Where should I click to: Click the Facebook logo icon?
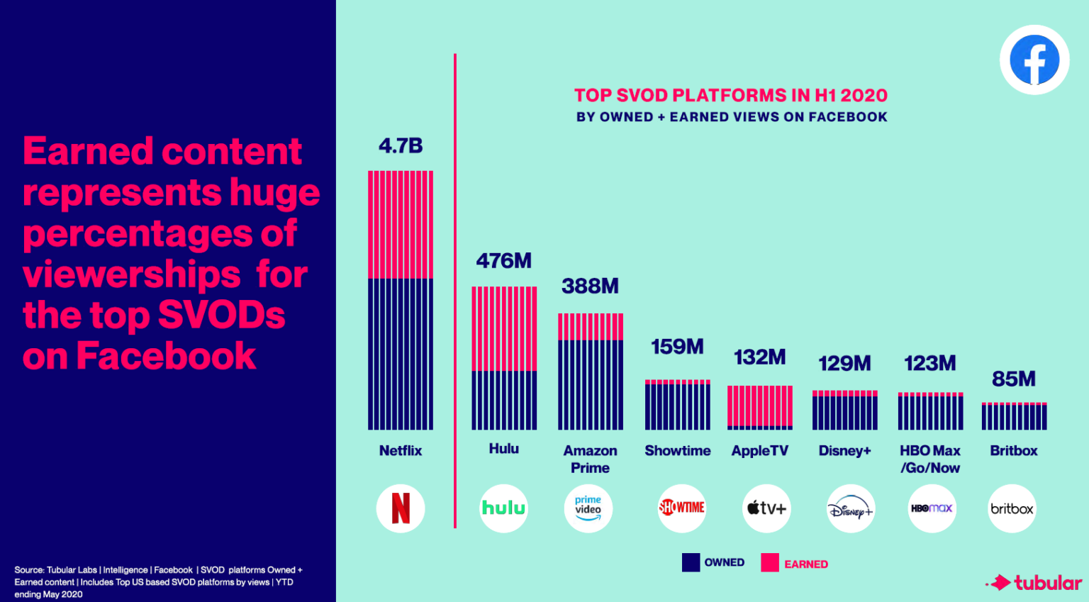coord(1034,60)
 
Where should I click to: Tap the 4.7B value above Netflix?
coord(401,146)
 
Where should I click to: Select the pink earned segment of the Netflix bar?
coord(401,225)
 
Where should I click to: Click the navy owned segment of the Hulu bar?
coord(504,400)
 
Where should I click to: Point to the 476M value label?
coord(504,261)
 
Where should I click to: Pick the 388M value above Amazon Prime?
coord(590,286)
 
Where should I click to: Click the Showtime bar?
coord(678,405)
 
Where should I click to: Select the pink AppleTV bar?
coord(760,406)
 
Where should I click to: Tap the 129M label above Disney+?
coord(844,364)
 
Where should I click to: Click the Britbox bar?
coord(1014,416)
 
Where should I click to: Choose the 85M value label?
coord(1014,379)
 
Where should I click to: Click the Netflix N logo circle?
coord(401,508)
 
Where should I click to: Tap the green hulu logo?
coord(504,508)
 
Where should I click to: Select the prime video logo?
coord(588,508)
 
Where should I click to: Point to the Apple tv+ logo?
coord(766,508)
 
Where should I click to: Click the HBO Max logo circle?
coord(932,508)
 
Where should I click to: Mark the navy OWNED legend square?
coord(691,562)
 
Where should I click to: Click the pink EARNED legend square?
coord(770,563)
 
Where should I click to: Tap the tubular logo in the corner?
coord(1036,583)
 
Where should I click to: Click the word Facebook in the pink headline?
coord(166,356)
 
